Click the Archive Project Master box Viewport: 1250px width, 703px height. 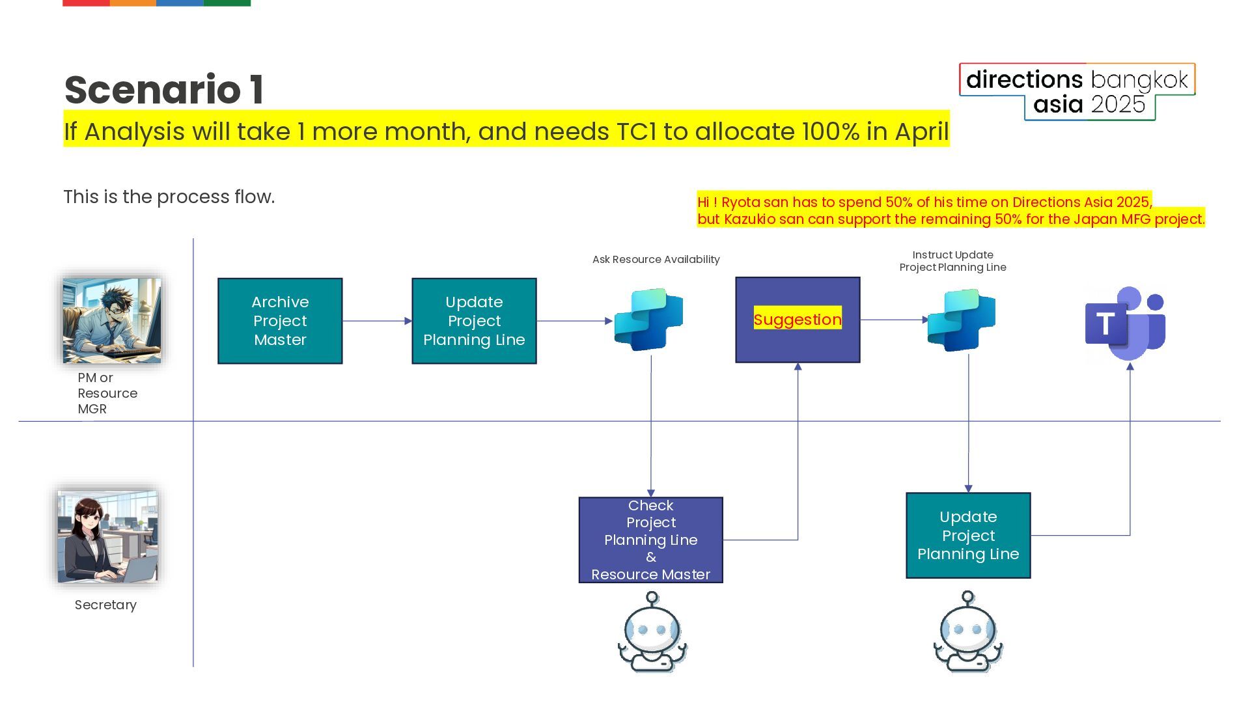[x=280, y=321]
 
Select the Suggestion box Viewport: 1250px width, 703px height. [x=798, y=320]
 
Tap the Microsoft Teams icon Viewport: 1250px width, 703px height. [x=1125, y=324]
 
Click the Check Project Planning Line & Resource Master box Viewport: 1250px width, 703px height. [x=651, y=540]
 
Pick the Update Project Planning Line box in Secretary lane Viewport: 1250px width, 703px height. [x=968, y=535]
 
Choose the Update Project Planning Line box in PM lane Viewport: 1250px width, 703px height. [x=474, y=321]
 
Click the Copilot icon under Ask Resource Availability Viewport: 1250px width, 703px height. [x=648, y=320]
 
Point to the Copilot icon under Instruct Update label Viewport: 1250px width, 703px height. [x=962, y=320]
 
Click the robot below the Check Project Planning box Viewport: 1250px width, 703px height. [x=652, y=632]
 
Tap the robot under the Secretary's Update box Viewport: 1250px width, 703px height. [x=968, y=632]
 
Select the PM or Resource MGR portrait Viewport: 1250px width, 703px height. [x=112, y=320]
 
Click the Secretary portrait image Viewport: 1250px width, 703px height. [x=107, y=536]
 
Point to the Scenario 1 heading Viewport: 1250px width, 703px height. [x=164, y=90]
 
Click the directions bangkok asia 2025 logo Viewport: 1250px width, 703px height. [x=1077, y=92]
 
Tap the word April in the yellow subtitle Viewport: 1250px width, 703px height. [x=921, y=131]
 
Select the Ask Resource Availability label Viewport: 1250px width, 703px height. [x=656, y=260]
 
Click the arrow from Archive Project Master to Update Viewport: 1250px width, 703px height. [x=376, y=321]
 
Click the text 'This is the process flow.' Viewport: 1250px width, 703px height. [x=169, y=197]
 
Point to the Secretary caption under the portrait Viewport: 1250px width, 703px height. [x=105, y=605]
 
